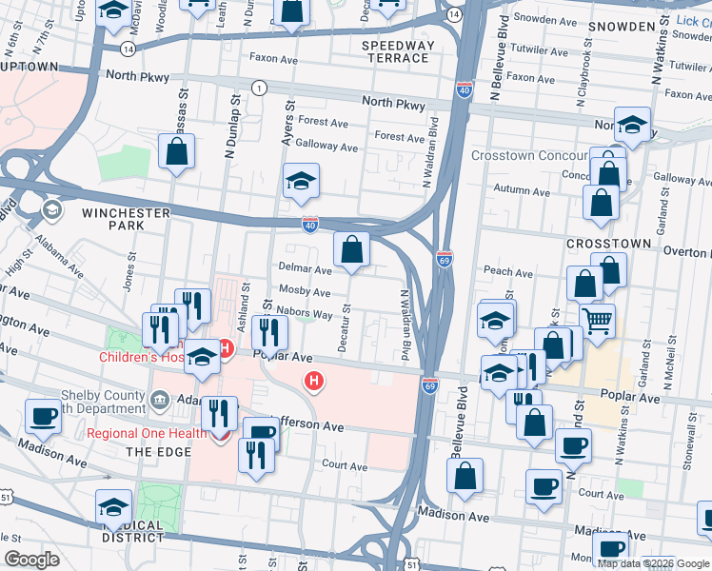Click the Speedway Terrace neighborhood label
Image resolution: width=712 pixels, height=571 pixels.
tap(398, 51)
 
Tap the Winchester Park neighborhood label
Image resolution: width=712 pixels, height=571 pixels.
tap(126, 219)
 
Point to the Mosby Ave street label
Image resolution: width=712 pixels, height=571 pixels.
tap(304, 292)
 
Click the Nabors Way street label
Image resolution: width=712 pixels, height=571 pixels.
tap(305, 313)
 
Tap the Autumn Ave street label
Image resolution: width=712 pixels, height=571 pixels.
tap(522, 191)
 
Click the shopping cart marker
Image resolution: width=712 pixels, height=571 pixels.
tap(598, 322)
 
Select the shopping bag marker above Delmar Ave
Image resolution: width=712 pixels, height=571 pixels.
tap(351, 250)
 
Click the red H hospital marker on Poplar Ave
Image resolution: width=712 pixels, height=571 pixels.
tap(313, 382)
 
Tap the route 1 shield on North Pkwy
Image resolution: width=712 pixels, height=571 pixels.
tap(258, 88)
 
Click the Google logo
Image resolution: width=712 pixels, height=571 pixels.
tap(31, 560)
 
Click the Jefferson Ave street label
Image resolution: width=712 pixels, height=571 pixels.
tap(305, 427)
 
